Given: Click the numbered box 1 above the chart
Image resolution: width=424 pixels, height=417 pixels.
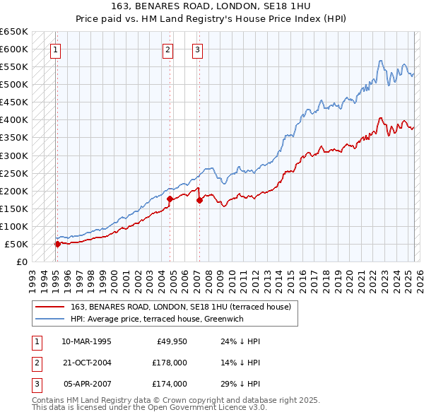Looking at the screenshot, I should (x=55, y=49).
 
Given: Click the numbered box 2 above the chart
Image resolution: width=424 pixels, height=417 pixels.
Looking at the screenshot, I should (x=168, y=49).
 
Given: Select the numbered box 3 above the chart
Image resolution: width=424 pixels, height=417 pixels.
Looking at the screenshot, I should (x=197, y=49).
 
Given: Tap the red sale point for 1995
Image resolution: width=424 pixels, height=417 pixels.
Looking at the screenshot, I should (x=57, y=244).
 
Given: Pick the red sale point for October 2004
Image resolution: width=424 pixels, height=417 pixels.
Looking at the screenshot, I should (x=170, y=199).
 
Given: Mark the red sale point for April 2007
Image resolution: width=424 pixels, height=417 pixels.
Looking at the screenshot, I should (x=199, y=200).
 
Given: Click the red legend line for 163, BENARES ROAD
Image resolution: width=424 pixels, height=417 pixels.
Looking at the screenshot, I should (x=49, y=307).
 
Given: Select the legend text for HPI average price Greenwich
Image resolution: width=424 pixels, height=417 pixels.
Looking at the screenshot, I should (x=167, y=319).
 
